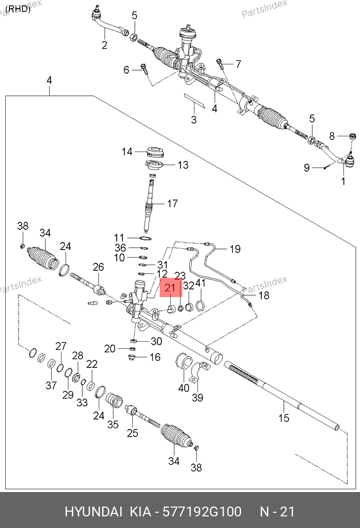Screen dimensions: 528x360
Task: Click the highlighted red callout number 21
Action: (x=171, y=287)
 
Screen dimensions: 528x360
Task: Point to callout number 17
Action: (x=172, y=204)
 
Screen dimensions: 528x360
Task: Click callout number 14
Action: (x=127, y=152)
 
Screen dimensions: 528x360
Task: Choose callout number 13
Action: (x=182, y=165)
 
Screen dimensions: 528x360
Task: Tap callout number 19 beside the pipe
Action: (x=234, y=249)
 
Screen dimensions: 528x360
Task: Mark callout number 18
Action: (x=264, y=295)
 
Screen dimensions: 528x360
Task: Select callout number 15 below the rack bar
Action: (x=283, y=418)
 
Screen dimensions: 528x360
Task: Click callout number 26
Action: (x=98, y=266)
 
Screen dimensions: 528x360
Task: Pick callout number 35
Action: (x=113, y=424)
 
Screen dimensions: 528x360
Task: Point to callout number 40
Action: (x=183, y=388)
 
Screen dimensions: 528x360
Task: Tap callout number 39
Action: (x=198, y=397)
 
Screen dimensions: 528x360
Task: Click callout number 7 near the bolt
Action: (x=237, y=64)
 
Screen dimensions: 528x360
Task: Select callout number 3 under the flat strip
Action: (x=193, y=120)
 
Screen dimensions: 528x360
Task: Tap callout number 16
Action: (x=155, y=357)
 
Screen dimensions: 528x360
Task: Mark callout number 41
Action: (x=200, y=283)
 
